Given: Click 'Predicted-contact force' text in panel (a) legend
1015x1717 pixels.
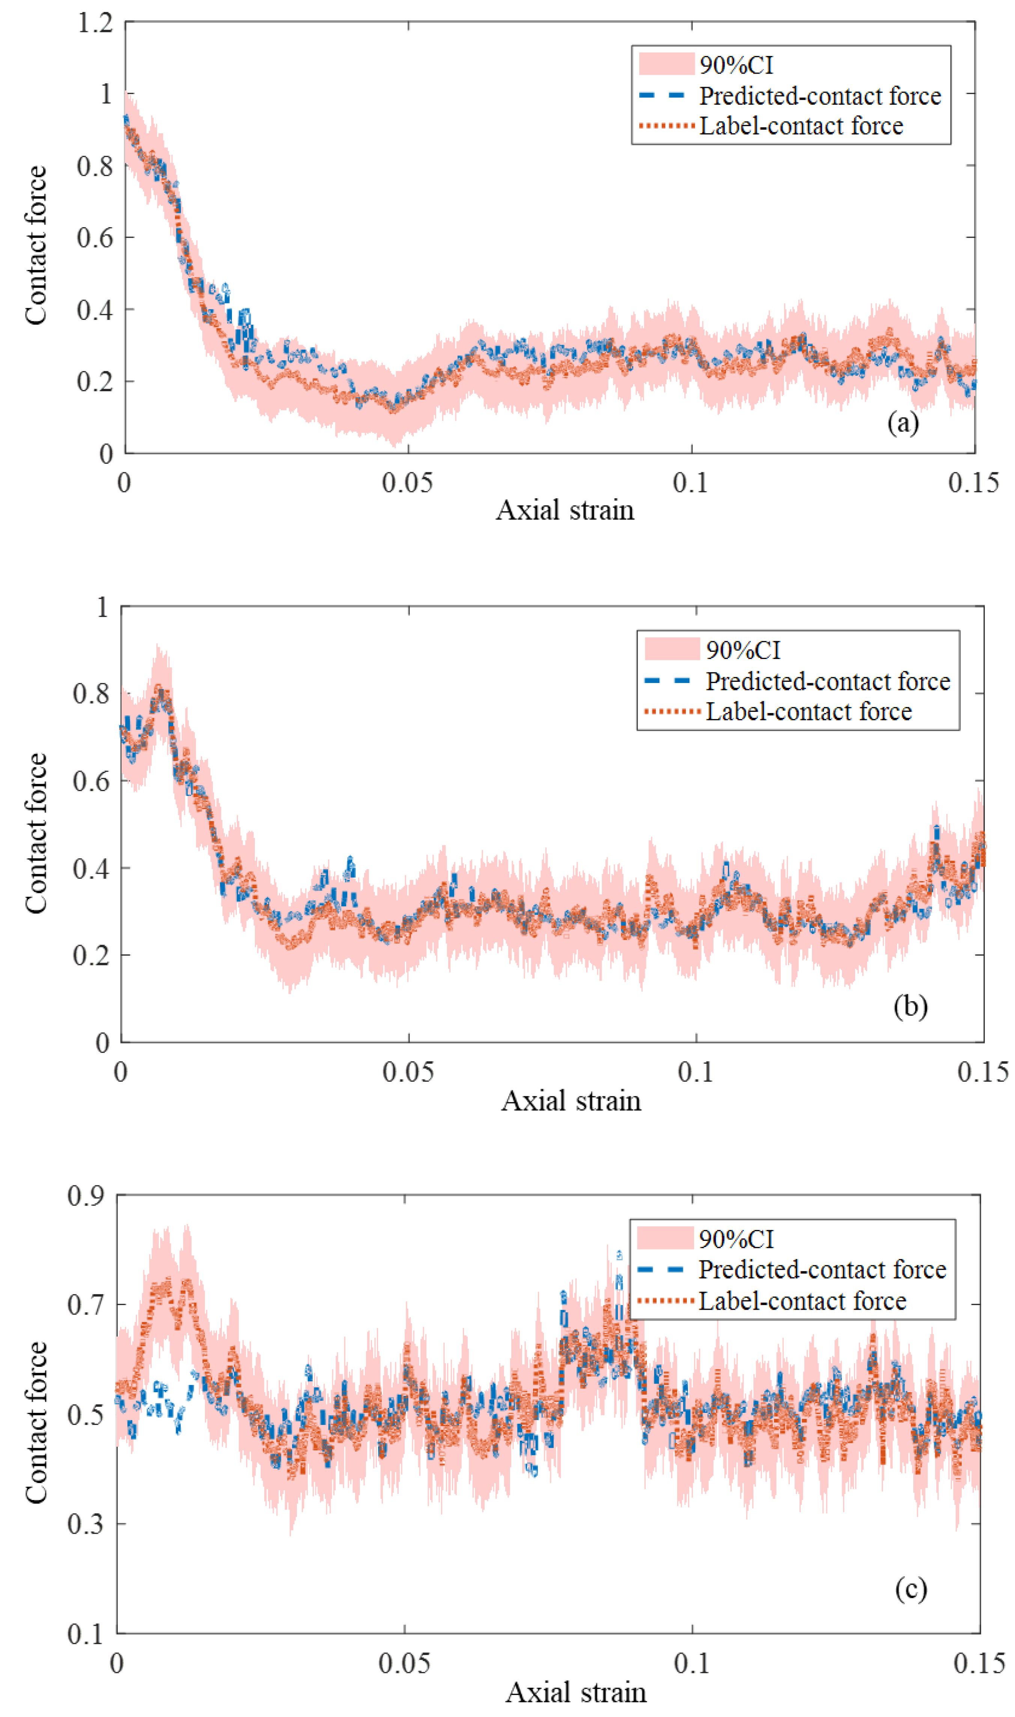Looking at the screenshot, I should pos(819,96).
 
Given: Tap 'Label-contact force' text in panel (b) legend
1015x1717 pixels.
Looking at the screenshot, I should pos(809,712).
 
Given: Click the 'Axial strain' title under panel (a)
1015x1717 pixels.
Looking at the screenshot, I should pos(565,510).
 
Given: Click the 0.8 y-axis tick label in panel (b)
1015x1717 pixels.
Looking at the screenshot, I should pos(91,693).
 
